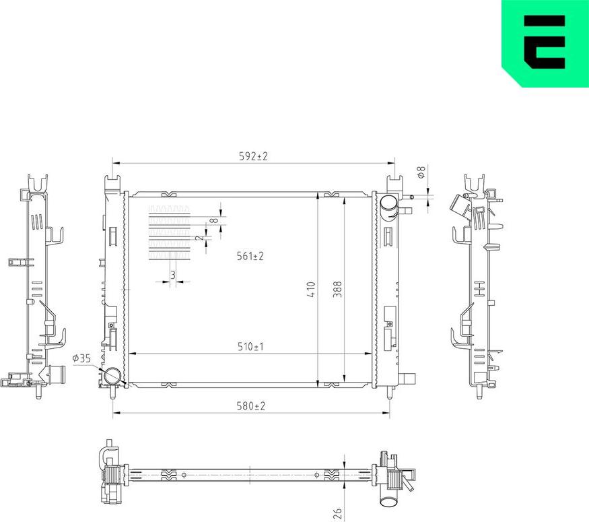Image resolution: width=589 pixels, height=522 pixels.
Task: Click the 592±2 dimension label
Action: (253, 156)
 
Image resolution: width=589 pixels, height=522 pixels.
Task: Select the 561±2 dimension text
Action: (250, 257)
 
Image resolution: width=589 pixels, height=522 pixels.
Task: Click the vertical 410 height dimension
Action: (312, 290)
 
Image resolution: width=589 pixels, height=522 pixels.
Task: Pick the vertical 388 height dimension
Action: (338, 290)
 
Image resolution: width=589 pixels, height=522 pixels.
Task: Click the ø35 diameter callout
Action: (81, 358)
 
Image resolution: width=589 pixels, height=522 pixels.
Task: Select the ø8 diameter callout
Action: (421, 173)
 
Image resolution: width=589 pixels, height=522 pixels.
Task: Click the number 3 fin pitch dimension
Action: (172, 275)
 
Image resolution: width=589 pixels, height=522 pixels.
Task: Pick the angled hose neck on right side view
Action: (460, 205)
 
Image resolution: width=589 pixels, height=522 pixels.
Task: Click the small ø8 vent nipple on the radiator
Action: (408, 197)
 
